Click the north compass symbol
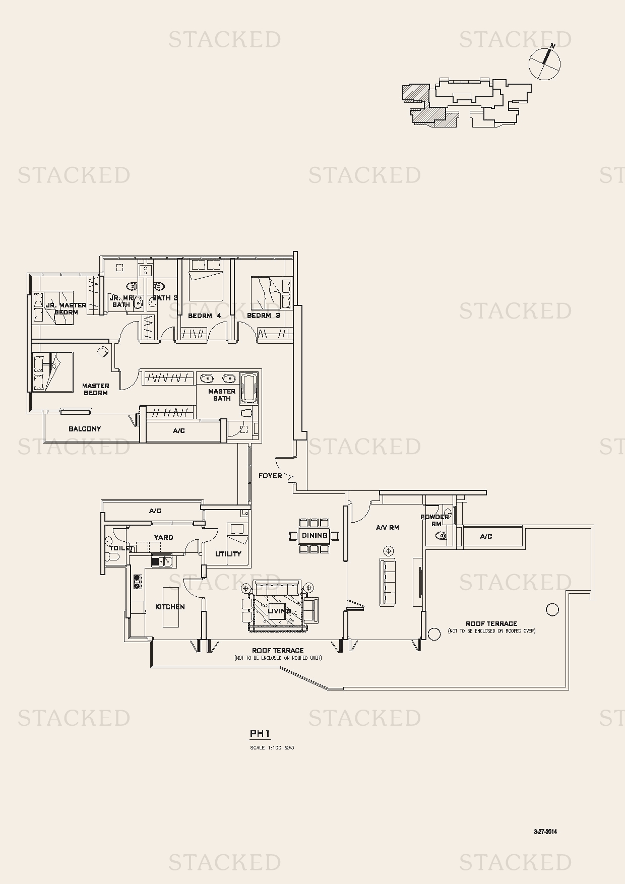click(544, 64)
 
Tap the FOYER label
click(270, 475)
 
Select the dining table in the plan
click(315, 536)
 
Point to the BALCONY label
click(85, 429)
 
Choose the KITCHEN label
click(170, 607)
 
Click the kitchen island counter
click(171, 607)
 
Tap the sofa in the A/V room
click(388, 582)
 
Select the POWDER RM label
click(434, 520)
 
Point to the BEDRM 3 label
click(263, 315)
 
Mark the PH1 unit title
click(260, 734)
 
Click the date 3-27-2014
click(545, 832)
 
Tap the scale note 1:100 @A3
click(272, 748)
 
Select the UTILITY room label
click(228, 554)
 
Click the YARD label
click(163, 537)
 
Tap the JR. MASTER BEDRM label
click(66, 308)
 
